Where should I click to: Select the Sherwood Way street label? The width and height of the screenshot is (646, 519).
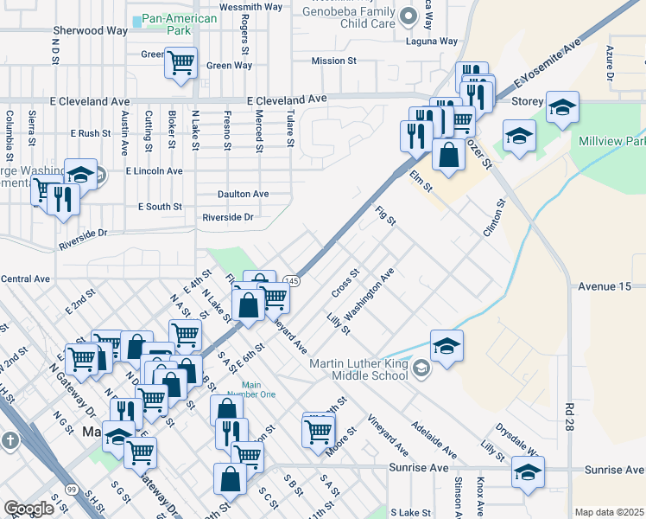pos(90,30)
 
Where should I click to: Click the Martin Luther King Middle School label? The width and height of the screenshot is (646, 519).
pos(360,369)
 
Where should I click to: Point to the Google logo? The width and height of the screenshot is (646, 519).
pos(29,509)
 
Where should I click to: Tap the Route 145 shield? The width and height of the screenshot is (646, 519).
pos(292,281)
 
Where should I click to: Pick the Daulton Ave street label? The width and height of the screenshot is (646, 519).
pos(244,194)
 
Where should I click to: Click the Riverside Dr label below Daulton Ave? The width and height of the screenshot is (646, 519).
pos(227,217)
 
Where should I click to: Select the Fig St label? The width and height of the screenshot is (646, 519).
pos(385,215)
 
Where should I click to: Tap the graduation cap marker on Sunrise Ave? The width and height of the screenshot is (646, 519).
pos(528,472)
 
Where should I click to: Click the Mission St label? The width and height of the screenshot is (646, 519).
pos(333,61)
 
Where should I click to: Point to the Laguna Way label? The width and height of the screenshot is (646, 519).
pos(434,41)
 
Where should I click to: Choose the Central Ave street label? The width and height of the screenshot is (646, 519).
pos(26,279)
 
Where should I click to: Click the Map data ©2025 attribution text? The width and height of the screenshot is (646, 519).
pos(610,512)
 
